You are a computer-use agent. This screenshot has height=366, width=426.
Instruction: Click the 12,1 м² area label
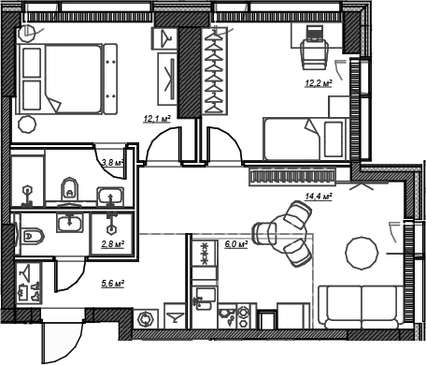coord(157,119)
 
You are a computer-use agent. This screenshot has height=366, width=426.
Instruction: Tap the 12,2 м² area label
coord(319,83)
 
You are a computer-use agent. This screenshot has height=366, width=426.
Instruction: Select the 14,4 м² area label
coord(319,197)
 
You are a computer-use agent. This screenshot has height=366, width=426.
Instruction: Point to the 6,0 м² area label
coord(236,244)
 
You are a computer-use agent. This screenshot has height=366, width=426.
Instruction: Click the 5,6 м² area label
coord(113,284)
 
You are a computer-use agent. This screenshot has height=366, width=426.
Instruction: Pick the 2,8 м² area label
coord(113,243)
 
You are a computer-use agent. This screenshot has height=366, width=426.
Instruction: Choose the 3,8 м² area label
coord(112,162)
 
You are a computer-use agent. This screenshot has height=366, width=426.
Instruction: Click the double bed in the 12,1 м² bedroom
coord(67,79)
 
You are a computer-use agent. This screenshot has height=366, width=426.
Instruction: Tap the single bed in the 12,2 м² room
coord(305,139)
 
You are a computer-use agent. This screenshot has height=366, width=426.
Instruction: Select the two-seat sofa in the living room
coord(361,307)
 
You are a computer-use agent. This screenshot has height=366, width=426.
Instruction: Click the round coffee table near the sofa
coord(362,252)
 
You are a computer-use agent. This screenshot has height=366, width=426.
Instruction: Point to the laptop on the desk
coord(314,34)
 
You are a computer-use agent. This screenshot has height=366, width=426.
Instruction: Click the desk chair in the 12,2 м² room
coord(315,54)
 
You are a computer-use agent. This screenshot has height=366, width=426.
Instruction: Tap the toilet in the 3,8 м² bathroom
coord(69,190)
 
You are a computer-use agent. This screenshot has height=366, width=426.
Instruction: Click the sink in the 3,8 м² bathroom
coord(110,197)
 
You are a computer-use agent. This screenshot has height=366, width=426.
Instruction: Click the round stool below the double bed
coord(27,124)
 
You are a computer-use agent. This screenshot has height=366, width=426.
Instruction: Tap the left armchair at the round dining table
coord(264,233)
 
